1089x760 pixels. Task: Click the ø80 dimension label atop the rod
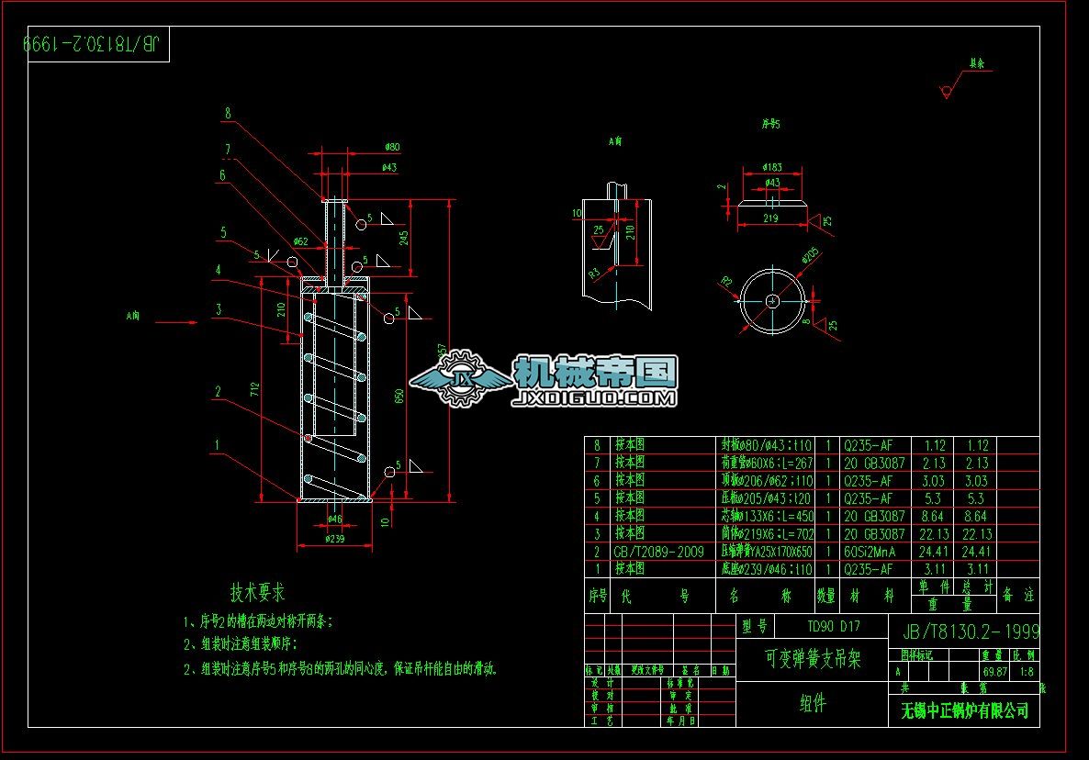pos(392,147)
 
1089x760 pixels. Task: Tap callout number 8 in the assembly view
pos(227,114)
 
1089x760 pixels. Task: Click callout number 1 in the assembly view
pos(218,445)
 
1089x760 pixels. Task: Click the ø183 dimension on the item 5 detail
pos(772,167)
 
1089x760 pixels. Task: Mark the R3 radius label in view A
pos(594,273)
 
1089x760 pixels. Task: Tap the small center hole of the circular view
pos(772,301)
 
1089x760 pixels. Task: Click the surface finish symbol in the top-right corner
pos(947,90)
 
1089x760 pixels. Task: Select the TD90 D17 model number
pos(833,627)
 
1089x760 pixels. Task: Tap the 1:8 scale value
pos(1024,672)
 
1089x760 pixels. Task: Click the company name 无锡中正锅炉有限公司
pos(964,710)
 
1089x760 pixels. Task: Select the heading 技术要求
pos(257,592)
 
